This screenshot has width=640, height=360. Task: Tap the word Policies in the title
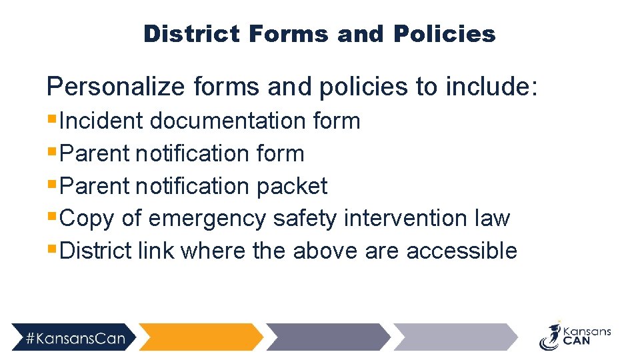[x=445, y=33]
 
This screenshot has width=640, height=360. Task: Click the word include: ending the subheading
[x=491, y=87]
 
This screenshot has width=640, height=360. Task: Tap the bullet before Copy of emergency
[x=51, y=217]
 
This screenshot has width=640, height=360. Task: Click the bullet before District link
[x=51, y=250]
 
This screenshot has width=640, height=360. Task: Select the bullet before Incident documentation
[x=51, y=120]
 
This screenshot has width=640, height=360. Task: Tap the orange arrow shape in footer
[x=200, y=337]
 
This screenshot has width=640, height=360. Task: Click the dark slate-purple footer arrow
[x=327, y=337]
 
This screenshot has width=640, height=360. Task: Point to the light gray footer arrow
[x=453, y=337]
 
